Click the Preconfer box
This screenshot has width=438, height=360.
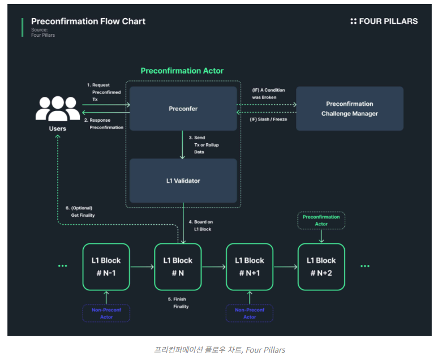click(183, 108)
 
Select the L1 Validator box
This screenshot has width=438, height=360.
click(183, 181)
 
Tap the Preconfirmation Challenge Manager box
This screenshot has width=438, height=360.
click(349, 109)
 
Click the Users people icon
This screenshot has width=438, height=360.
click(57, 109)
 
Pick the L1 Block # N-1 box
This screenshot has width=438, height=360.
click(106, 267)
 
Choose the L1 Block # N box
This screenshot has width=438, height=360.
click(178, 267)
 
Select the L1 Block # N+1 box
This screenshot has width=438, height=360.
click(250, 267)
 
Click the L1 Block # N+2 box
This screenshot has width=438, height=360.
click(321, 267)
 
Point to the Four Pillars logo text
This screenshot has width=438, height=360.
click(384, 22)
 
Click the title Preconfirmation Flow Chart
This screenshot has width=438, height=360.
click(88, 22)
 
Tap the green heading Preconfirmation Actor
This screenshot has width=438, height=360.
click(182, 71)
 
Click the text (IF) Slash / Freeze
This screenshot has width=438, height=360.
click(270, 119)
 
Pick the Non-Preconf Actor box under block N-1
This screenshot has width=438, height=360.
click(106, 314)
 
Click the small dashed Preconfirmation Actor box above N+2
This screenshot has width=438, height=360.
click(321, 220)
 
